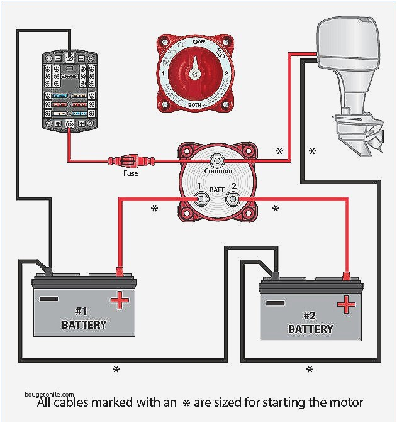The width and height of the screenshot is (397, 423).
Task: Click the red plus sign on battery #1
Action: pyautogui.click(x=120, y=301)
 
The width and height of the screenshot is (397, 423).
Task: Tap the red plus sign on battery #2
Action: pyautogui.click(x=345, y=305)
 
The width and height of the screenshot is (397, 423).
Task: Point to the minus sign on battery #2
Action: pyautogui.click(x=275, y=304)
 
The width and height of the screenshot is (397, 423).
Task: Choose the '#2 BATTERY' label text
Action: pyautogui.click(x=311, y=322)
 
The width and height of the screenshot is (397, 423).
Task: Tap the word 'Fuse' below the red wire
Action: pyautogui.click(x=130, y=173)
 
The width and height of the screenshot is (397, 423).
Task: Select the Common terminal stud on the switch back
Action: pyautogui.click(x=218, y=160)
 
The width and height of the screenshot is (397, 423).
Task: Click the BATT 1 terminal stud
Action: pyautogui.click(x=201, y=199)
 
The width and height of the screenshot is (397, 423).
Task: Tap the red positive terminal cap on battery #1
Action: pyautogui.click(x=118, y=273)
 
